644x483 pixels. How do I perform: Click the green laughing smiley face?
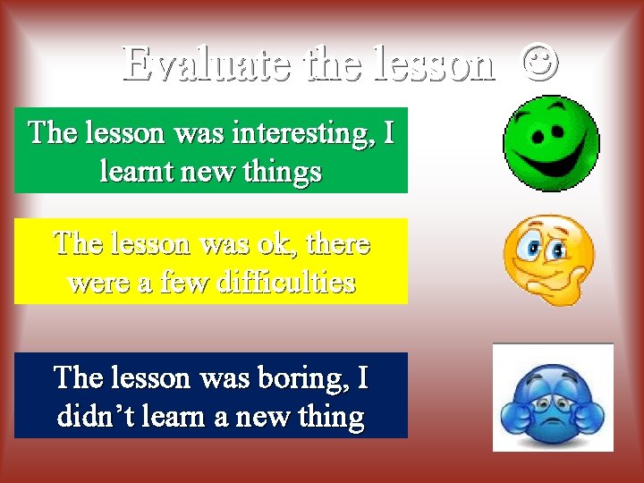click(551, 143)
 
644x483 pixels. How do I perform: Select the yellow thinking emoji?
click(548, 258)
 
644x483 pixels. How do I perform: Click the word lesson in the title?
click(435, 64)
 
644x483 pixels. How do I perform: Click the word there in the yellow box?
click(338, 243)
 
